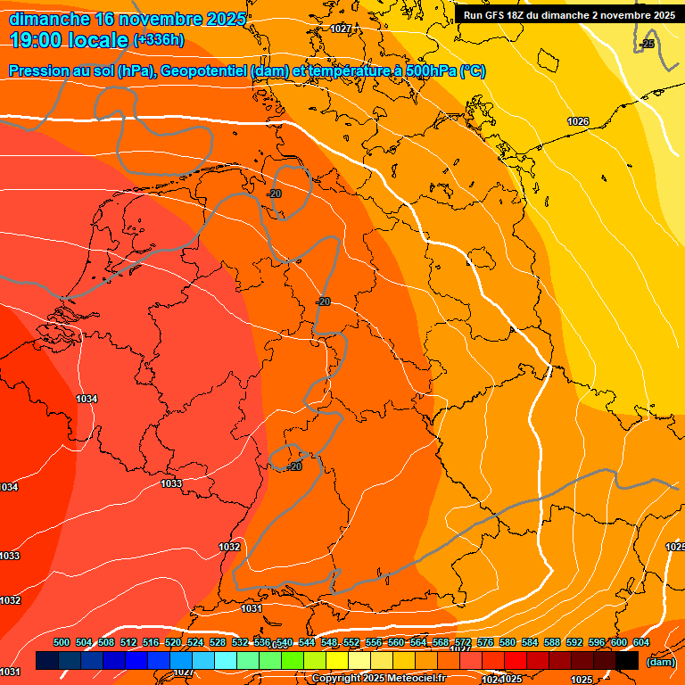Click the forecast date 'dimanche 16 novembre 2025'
click(x=128, y=19)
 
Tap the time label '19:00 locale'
click(x=70, y=40)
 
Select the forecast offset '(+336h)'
click(x=158, y=40)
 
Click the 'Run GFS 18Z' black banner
click(x=569, y=15)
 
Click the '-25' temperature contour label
click(x=648, y=43)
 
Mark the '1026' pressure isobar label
click(x=578, y=121)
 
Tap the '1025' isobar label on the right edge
click(x=674, y=547)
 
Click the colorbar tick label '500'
click(x=62, y=643)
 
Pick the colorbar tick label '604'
click(x=641, y=643)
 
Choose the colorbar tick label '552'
click(x=351, y=643)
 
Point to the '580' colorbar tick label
click(x=508, y=643)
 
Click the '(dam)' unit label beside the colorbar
click(x=660, y=662)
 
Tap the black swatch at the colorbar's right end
click(x=627, y=661)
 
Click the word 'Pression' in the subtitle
click(x=38, y=71)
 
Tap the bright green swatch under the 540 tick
click(x=293, y=661)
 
